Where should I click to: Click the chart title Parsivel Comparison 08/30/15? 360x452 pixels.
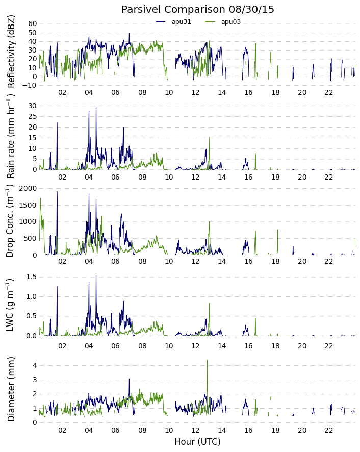pos(198,10)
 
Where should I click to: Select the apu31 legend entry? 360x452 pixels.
pos(173,22)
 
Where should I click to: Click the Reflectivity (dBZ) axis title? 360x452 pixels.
pos(11,52)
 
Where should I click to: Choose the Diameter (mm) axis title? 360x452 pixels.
pos(11,389)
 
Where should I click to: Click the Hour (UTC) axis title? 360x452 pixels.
pos(197,442)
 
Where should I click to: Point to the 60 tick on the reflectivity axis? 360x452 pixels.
pos(33,24)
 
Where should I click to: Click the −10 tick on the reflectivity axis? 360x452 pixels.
pos(30,85)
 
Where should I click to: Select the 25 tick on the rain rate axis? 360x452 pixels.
pos(33,116)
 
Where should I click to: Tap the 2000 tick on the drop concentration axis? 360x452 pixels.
pos(28,189)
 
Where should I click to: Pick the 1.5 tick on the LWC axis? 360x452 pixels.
pos(32,277)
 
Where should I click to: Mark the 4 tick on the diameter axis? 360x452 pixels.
pos(35,365)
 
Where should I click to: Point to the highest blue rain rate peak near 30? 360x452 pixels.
pos(96,107)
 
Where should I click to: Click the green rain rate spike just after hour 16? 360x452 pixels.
pos(255,154)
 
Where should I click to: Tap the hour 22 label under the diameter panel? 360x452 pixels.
pos(328,431)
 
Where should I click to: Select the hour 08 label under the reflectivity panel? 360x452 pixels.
pos(142,92)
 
